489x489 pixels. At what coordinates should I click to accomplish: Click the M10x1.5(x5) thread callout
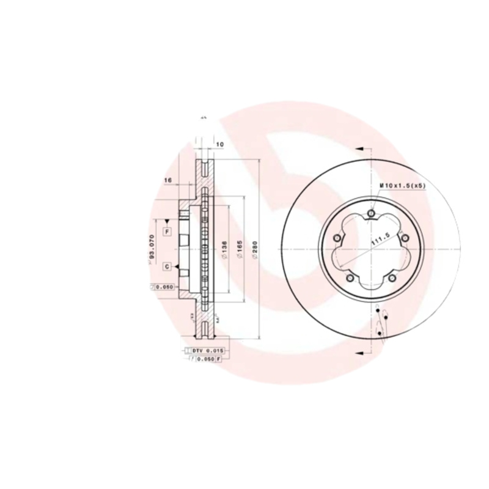click(402, 185)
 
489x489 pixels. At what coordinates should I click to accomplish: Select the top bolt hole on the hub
click(370, 213)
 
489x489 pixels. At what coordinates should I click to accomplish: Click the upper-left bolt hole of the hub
click(336, 238)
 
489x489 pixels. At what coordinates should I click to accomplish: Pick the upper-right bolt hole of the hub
click(405, 238)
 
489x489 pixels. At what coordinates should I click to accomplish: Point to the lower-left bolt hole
click(349, 278)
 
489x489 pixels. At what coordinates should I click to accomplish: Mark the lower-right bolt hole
click(392, 278)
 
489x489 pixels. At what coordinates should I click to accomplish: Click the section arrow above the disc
click(359, 149)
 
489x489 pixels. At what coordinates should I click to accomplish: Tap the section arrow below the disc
click(359, 352)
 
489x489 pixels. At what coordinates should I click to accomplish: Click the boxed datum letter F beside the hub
click(166, 231)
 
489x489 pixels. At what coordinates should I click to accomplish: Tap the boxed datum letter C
click(166, 267)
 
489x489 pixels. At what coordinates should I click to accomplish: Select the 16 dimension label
click(168, 180)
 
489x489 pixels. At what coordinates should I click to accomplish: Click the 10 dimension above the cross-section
click(220, 144)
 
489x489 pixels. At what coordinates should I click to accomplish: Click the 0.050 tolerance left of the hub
click(163, 286)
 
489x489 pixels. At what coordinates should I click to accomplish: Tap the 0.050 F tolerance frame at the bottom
click(206, 359)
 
